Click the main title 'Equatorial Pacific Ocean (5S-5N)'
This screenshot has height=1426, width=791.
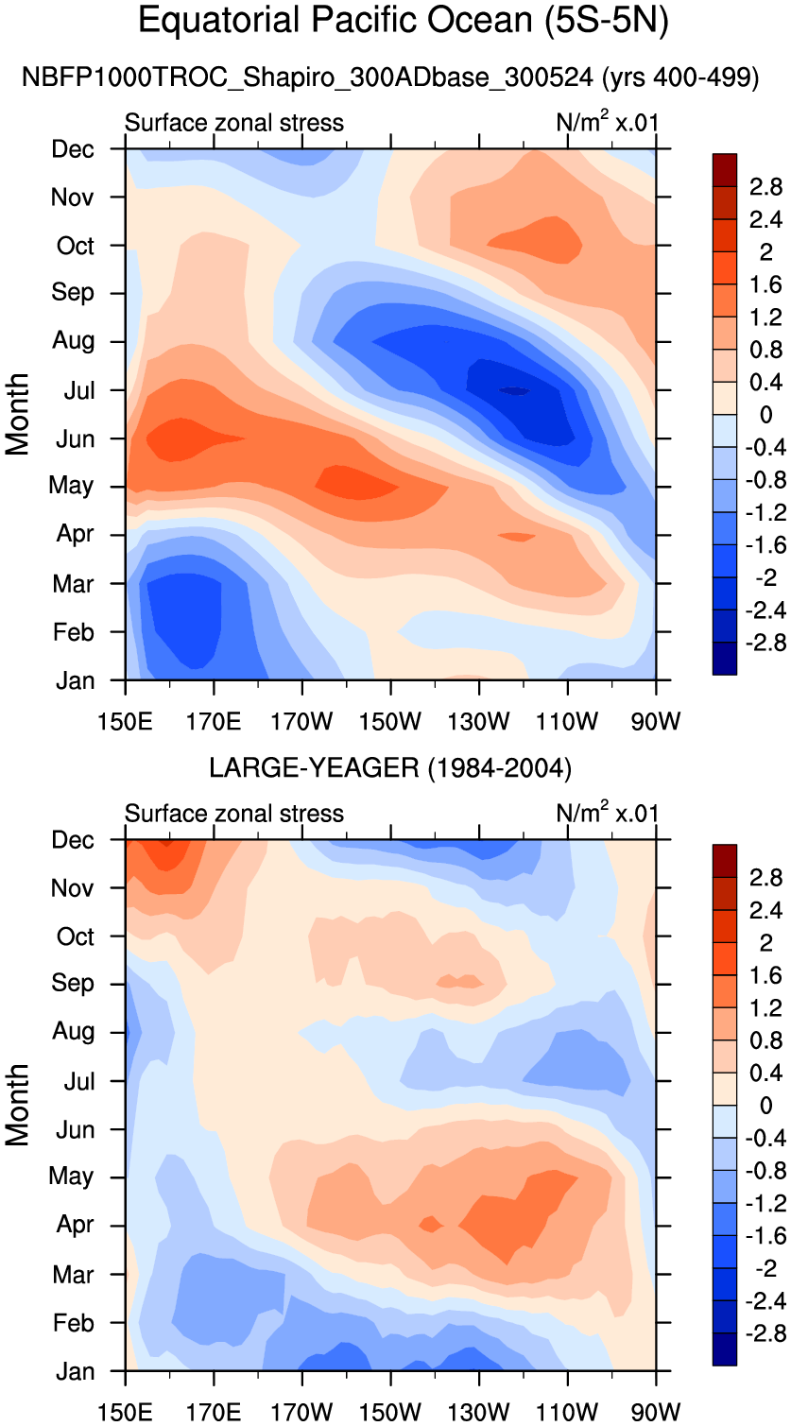click(404, 21)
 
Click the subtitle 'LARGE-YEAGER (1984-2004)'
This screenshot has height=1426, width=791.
click(390, 768)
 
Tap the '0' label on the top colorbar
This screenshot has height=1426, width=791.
click(765, 414)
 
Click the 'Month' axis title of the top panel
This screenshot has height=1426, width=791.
click(19, 414)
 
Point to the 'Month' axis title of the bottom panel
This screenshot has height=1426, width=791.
click(19, 1105)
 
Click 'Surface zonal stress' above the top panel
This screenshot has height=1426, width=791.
click(234, 123)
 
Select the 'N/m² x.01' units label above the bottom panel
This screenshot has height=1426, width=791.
click(608, 813)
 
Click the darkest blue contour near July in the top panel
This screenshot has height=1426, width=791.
click(515, 390)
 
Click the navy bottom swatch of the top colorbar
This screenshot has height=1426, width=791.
click(725, 659)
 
